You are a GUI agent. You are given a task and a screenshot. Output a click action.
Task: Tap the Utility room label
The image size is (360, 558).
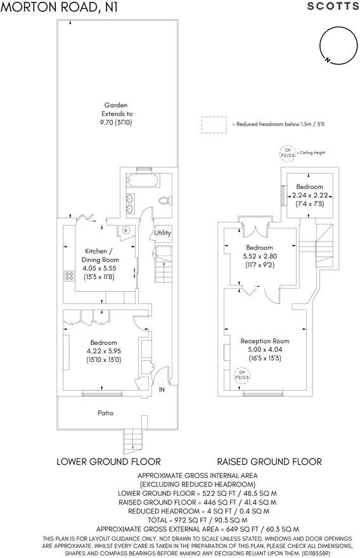163,233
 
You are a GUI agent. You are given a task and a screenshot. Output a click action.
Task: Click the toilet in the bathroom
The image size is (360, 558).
165,200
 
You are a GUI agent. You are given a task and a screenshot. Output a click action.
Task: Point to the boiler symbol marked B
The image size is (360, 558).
126,230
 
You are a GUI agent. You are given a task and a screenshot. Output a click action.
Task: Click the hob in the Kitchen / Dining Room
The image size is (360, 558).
68,276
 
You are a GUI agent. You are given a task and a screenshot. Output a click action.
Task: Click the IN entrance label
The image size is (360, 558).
162,389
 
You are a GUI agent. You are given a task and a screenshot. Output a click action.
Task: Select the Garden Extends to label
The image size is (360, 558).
117,114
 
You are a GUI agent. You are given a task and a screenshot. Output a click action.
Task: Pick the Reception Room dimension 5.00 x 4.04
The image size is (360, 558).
264,349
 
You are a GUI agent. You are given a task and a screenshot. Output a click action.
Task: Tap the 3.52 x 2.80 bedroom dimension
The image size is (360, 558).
259,256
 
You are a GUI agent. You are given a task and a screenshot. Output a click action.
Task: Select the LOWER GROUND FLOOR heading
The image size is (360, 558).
108,461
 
